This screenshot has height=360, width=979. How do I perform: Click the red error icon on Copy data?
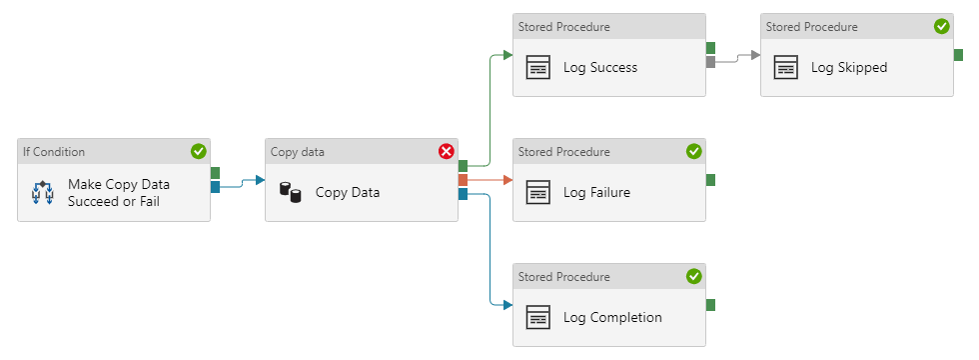(x=446, y=151)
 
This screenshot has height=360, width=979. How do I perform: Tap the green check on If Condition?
(x=198, y=151)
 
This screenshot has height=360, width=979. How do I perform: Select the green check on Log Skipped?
(x=941, y=26)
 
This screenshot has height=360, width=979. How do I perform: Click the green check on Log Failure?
(x=693, y=151)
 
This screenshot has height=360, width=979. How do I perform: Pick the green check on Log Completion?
(x=693, y=276)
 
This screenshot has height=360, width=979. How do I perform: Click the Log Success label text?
(x=599, y=68)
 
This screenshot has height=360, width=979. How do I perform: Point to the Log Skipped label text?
(x=848, y=68)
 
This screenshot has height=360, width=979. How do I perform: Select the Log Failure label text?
(x=596, y=192)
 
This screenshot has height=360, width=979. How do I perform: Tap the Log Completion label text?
(x=612, y=317)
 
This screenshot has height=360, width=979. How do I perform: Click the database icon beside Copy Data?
(x=290, y=192)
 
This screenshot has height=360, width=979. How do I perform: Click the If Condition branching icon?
(x=42, y=192)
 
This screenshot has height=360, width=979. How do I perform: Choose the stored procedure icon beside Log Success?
(x=538, y=68)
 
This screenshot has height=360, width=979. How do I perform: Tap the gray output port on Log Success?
(x=711, y=61)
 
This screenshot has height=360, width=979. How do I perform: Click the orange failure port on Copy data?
(x=463, y=180)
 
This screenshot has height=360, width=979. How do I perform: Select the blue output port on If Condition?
(x=215, y=186)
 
